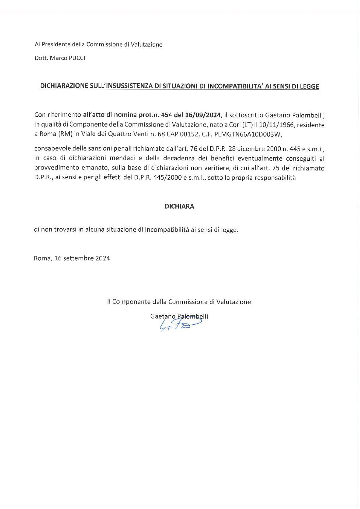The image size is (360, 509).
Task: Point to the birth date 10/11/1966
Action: (x=277, y=125)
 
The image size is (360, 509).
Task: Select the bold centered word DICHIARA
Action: (x=179, y=206)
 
